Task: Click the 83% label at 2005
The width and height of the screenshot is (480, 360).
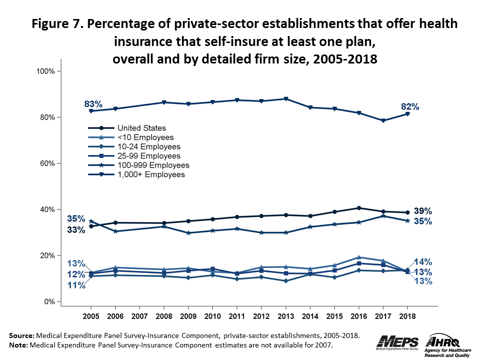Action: [93, 104]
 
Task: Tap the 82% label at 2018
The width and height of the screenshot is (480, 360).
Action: [409, 106]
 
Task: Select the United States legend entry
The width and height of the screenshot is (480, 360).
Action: [141, 128]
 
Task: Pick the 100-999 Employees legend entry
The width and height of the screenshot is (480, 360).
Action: [152, 165]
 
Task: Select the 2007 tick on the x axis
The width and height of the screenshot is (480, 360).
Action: [139, 317]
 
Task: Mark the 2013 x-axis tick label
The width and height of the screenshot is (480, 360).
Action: [285, 317]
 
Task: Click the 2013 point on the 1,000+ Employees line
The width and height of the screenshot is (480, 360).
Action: [286, 99]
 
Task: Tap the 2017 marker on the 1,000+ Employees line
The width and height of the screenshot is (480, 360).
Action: [383, 120]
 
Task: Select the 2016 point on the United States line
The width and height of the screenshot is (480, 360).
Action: [358, 208]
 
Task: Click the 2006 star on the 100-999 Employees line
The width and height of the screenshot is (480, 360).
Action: [115, 231]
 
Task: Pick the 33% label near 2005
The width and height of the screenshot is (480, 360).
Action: [76, 229]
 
